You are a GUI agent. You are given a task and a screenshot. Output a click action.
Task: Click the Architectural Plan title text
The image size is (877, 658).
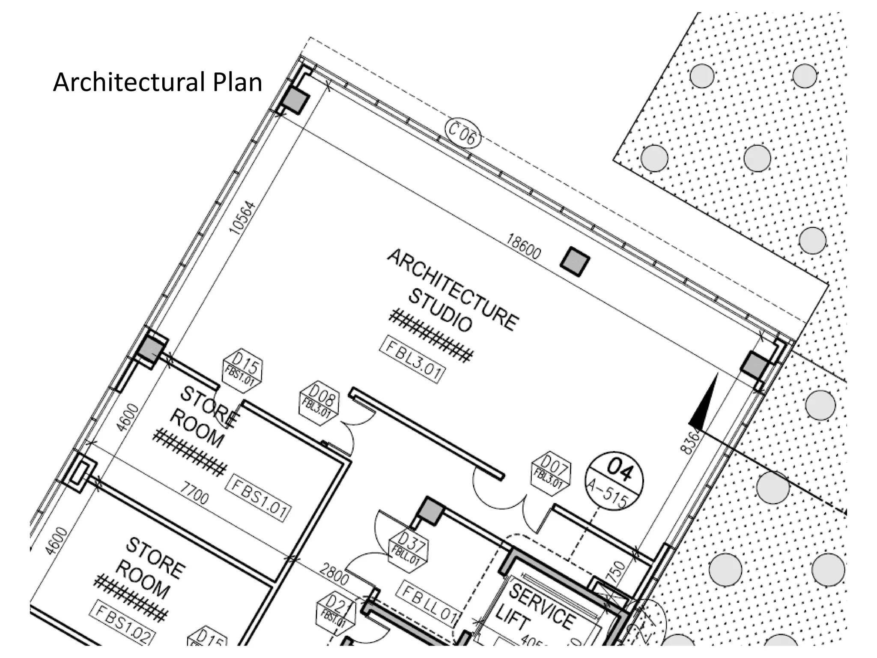coord(157,82)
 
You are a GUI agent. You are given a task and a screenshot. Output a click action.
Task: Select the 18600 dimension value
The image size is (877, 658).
coord(523,246)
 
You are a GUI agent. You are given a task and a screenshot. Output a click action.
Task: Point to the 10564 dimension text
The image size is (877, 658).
coord(242,218)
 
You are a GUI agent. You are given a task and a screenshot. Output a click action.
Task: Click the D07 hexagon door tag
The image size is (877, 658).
coord(551,474)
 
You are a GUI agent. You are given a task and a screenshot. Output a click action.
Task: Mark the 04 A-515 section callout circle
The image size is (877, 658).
coord(614,481)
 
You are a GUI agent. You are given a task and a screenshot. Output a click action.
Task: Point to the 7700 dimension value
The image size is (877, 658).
coord(194,493)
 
